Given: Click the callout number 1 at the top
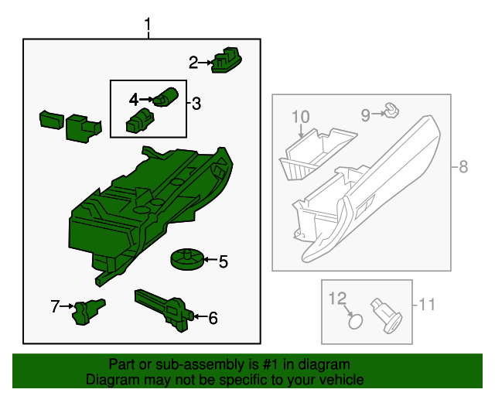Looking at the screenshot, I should pos(148,28).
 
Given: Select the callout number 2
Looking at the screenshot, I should pos(193,61).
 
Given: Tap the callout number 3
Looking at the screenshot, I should pos(196,103).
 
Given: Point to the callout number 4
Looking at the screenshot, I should pos(133,99).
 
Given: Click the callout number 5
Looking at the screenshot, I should pos(223,262).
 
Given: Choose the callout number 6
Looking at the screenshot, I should pos(213,317).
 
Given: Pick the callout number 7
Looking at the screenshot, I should pos(55,307).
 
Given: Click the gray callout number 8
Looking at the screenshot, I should pos(463,166).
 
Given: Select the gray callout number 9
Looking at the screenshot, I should pos(365,115).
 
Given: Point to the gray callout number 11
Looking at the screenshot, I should pos(428,304).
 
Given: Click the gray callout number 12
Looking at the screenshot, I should pos(338,298).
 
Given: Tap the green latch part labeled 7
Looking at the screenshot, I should pos(87,311).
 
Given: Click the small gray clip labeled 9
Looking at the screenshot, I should pos(391,113).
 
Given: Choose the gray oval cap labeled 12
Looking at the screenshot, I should pos(355,321).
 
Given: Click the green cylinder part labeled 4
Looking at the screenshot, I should pos(166,97).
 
